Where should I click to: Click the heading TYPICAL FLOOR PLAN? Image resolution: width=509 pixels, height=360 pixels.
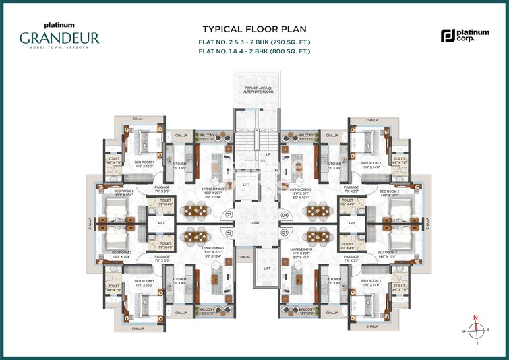[x=253, y=30]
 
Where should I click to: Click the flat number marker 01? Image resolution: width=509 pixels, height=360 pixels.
[x=284, y=233]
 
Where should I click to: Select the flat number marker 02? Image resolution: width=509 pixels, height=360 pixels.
[x=229, y=233]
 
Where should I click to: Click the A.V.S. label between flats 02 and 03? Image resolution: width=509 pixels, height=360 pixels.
[x=162, y=224]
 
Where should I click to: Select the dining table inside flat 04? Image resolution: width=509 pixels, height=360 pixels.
[x=313, y=212]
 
